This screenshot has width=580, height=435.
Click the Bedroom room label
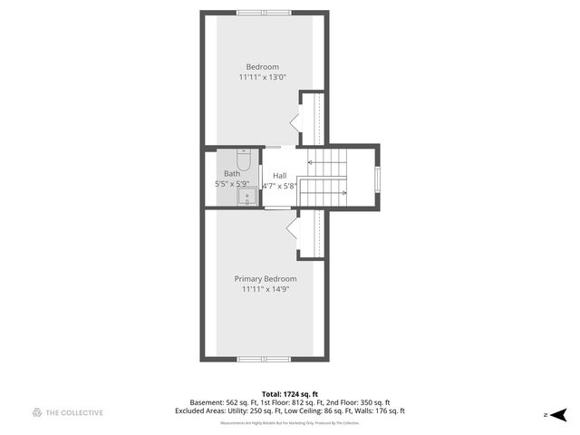[263, 66]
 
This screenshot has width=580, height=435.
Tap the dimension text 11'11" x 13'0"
[263, 78]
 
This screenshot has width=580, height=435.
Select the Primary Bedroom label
[266, 278]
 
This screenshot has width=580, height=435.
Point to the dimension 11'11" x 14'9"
[266, 290]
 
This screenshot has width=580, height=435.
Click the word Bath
[232, 173]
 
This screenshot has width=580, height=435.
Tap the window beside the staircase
[378, 178]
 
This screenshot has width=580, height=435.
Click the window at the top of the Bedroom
[265, 12]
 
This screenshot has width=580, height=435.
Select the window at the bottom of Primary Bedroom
[265, 360]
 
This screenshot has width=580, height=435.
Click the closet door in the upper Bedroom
[294, 121]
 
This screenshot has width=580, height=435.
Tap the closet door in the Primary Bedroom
[293, 228]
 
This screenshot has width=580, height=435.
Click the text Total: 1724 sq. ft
[290, 394]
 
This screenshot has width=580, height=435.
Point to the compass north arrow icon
[559, 414]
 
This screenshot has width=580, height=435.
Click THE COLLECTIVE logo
[67, 412]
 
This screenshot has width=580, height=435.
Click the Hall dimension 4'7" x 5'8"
[279, 186]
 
